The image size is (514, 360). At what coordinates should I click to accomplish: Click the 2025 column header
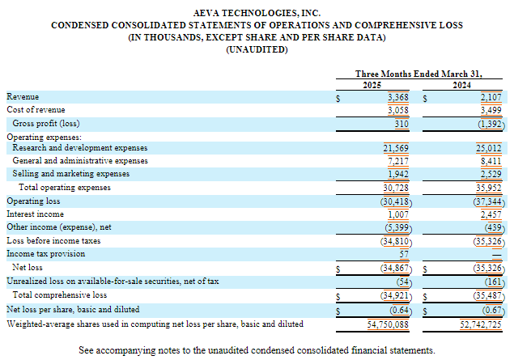pos(372,84)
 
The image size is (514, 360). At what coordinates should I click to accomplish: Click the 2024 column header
pos(463,84)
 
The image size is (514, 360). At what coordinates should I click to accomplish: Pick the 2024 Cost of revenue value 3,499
pos(489,110)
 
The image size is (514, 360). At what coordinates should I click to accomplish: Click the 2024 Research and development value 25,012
pos(487,149)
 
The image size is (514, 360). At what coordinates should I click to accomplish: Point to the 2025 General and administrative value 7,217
pos(397,162)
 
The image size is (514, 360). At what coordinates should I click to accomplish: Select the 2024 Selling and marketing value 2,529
pos(489,174)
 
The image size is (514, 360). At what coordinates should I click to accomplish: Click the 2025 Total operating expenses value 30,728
pos(396,188)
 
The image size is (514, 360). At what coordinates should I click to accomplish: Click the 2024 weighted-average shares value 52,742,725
pos(478,324)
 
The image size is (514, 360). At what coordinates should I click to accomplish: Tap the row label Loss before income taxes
pos(53,240)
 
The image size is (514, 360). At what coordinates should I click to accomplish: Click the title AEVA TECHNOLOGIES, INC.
pos(257,13)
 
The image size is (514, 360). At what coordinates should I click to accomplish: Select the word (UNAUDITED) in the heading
pos(257,50)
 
